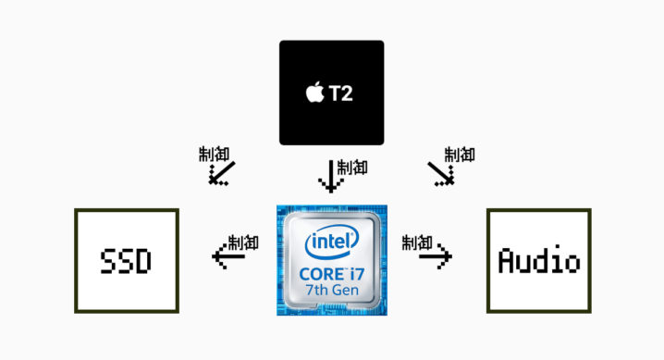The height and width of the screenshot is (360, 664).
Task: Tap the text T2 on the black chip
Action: coord(339,93)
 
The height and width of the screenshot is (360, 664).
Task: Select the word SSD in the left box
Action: coord(125,262)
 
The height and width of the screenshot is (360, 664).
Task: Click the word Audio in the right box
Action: coord(538,262)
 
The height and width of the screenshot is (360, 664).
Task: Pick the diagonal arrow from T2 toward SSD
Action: coord(221,173)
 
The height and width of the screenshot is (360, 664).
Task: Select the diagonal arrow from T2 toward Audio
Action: coord(440,172)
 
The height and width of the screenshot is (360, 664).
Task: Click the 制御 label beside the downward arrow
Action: coord(352,167)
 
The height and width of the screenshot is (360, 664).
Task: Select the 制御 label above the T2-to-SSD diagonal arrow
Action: coord(214,153)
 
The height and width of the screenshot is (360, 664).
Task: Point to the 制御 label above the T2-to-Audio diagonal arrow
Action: coord(459,154)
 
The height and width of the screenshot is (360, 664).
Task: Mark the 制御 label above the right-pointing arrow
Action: coord(418,242)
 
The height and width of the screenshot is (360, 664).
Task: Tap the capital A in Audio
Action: coord(506,262)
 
